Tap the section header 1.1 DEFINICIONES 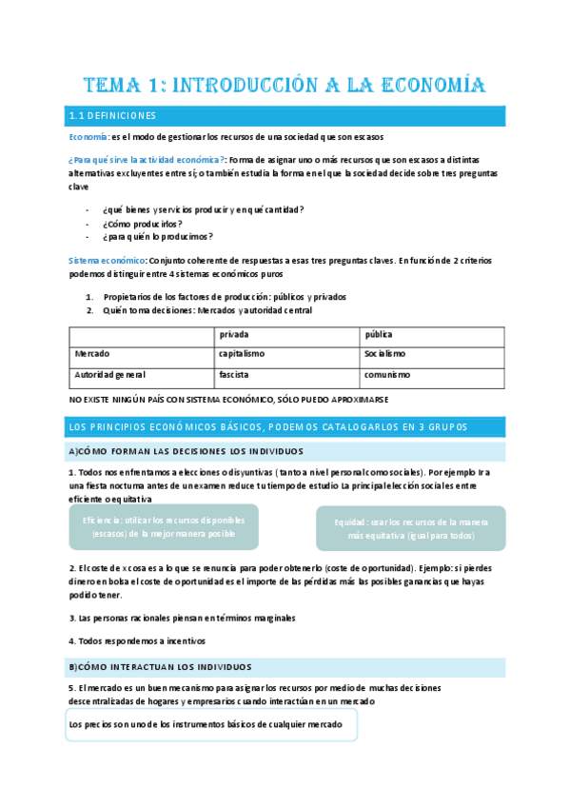112,116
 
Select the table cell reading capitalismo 242,353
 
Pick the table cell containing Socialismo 384,353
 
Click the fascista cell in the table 234,375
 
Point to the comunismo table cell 386,375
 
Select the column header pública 379,335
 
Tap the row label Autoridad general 109,375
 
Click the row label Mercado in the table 92,353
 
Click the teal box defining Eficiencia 164,527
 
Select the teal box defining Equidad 410,529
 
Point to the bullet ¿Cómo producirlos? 143,223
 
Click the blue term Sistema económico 108,260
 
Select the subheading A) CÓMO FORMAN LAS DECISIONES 186,451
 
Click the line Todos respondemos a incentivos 142,641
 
